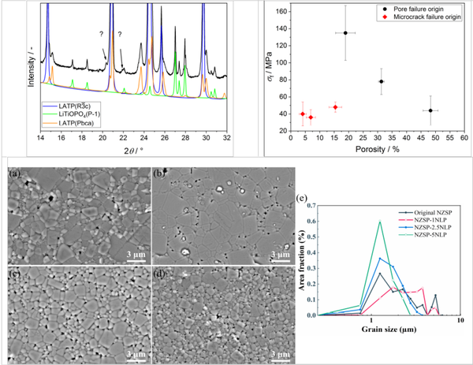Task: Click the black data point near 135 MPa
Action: click(345, 32)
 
